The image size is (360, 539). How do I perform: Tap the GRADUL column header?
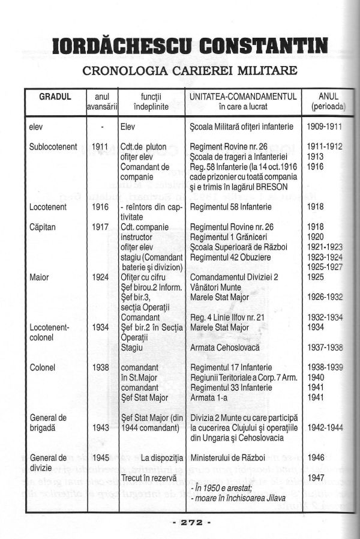click(55, 97)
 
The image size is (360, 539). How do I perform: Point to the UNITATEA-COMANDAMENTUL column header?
click(244, 97)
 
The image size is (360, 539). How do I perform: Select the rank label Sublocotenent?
click(53, 146)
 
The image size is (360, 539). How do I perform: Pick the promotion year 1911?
click(101, 146)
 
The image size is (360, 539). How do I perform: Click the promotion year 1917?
click(101, 229)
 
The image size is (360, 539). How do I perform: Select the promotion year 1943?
click(101, 427)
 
